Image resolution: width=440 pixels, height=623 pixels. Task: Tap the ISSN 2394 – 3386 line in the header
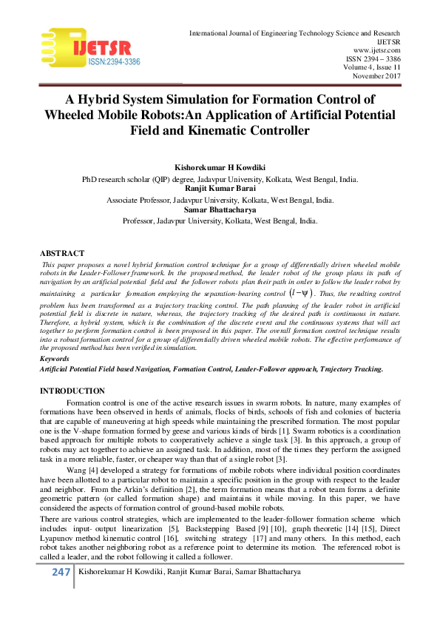373,59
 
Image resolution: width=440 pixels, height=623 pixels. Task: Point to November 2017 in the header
376,76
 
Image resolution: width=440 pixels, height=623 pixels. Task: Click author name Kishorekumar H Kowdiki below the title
220,168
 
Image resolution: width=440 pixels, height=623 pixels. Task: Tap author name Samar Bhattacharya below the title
220,210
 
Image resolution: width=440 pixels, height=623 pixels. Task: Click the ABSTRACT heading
62,253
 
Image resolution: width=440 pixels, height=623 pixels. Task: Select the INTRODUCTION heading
72,391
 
